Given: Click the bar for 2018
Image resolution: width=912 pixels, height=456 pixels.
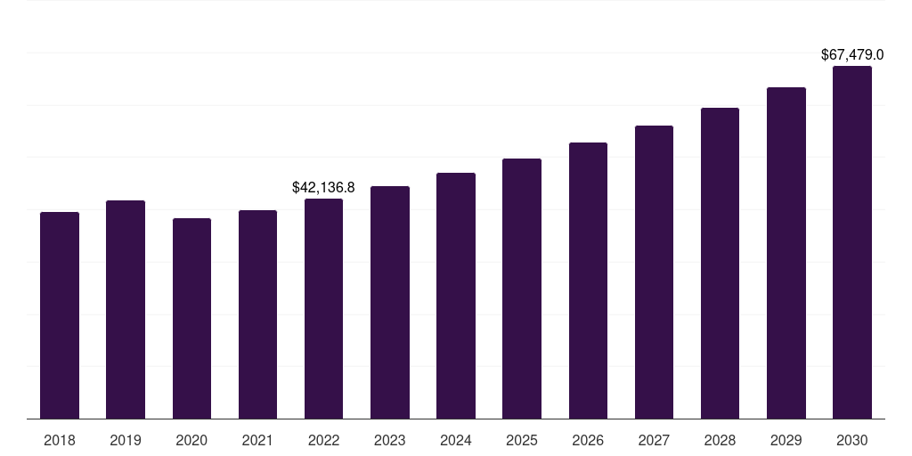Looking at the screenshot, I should tap(60, 315).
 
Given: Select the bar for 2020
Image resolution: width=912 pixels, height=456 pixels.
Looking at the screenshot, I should tap(191, 319).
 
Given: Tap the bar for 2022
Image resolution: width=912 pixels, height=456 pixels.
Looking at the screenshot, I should tap(323, 309).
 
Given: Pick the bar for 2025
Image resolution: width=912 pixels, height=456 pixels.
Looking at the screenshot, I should tap(522, 289).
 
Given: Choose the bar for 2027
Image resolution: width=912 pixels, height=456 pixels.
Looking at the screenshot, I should tap(654, 273).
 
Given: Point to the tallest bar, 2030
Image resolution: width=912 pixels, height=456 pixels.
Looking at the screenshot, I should tap(852, 242).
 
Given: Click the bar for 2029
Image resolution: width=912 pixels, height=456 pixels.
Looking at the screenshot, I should tap(786, 253).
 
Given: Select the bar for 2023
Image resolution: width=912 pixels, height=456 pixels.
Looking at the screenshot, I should tap(389, 303).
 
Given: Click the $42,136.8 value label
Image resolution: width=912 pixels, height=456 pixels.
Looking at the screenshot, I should tap(323, 188).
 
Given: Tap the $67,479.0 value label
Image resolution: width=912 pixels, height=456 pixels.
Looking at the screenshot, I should tap(852, 55).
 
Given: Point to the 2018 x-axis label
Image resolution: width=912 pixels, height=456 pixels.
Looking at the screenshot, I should tap(60, 440).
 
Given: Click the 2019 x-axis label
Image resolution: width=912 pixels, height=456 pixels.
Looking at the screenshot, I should tap(126, 440).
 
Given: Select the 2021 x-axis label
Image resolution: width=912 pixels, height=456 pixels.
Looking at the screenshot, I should tap(257, 440).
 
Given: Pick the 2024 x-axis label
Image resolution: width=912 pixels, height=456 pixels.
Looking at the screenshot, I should tap(456, 440).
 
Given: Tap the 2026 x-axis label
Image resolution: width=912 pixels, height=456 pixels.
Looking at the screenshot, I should tap(588, 440).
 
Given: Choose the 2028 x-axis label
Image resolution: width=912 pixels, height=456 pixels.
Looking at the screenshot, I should tap(720, 440).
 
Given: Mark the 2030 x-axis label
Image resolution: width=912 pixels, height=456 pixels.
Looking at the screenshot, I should tap(852, 440).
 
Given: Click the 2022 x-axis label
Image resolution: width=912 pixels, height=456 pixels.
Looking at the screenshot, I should tap(323, 440).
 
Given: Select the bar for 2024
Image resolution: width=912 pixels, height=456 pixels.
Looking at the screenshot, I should tap(456, 296).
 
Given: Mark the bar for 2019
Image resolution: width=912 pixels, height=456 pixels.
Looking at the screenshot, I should tap(126, 310).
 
